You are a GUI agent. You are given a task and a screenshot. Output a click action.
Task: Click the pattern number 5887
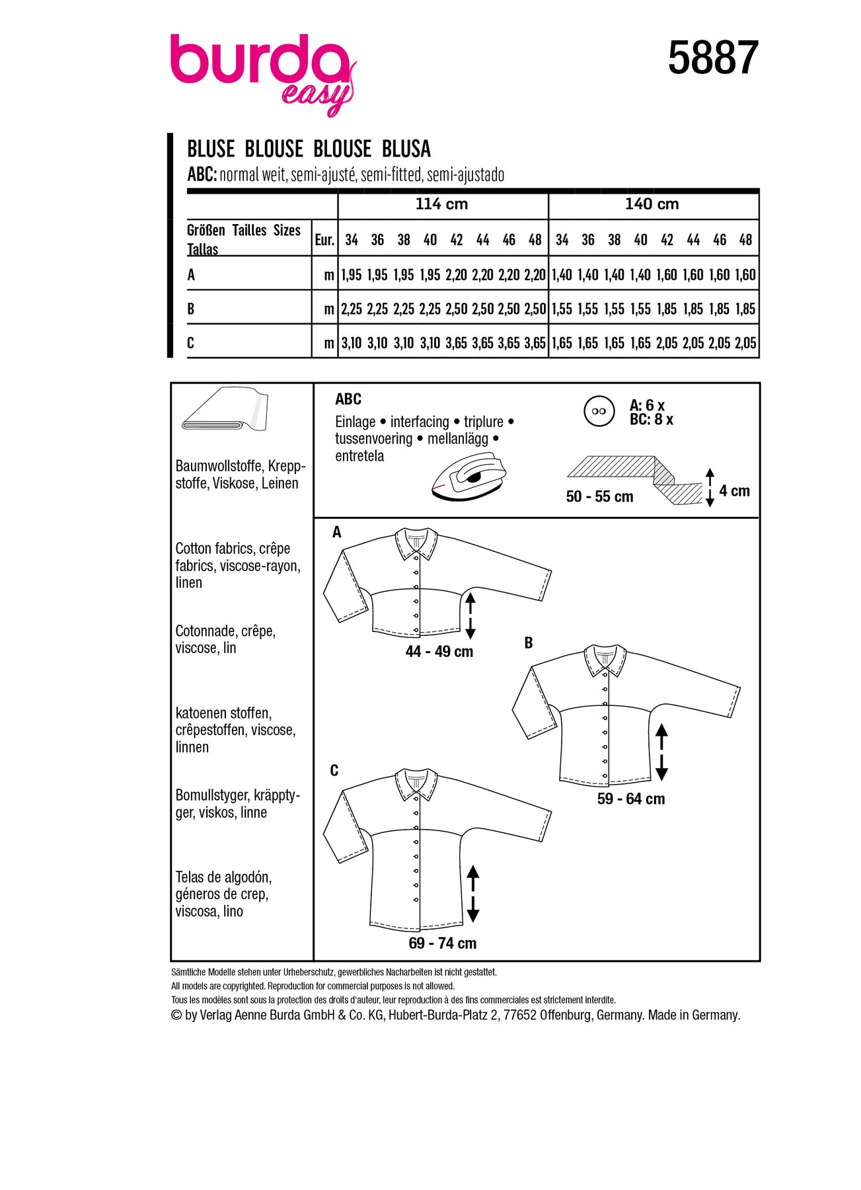712,58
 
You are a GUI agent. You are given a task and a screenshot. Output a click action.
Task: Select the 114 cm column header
441,204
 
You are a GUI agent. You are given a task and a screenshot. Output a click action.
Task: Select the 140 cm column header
652,204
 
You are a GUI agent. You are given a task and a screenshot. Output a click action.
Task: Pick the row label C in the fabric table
191,343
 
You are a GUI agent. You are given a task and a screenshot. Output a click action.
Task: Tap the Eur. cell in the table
324,240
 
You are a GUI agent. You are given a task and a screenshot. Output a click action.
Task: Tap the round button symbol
599,411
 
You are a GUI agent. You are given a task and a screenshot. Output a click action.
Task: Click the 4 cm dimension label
734,491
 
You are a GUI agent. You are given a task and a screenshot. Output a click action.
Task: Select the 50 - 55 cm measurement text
599,496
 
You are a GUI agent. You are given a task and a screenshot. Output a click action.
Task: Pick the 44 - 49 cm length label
439,652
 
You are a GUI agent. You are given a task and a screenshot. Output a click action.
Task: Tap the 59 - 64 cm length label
631,799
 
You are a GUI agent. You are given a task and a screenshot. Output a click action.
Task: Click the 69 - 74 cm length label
442,943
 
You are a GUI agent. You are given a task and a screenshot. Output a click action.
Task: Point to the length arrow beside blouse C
472,894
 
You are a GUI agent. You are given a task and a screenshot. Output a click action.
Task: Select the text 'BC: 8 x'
652,420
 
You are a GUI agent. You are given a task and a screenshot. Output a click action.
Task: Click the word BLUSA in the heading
406,149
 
